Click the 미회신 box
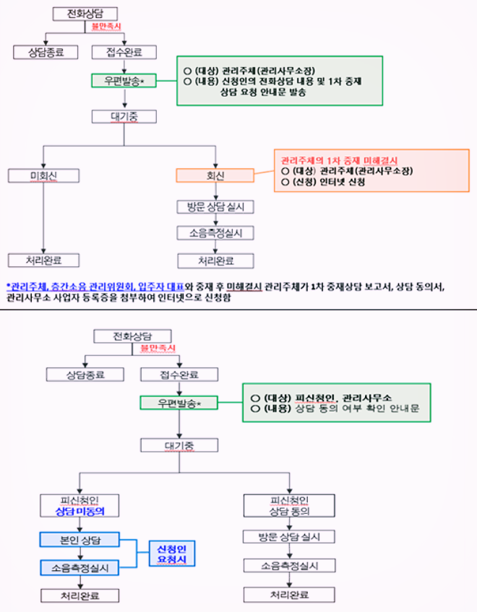pos(43,175)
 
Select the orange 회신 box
pos(215,175)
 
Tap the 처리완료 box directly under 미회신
pos(43,260)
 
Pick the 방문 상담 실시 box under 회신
pos(215,207)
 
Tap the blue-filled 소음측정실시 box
pos(79,568)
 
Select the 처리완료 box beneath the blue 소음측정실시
pos(79,595)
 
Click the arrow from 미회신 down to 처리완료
pos(43,217)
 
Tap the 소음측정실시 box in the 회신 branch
pos(215,233)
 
